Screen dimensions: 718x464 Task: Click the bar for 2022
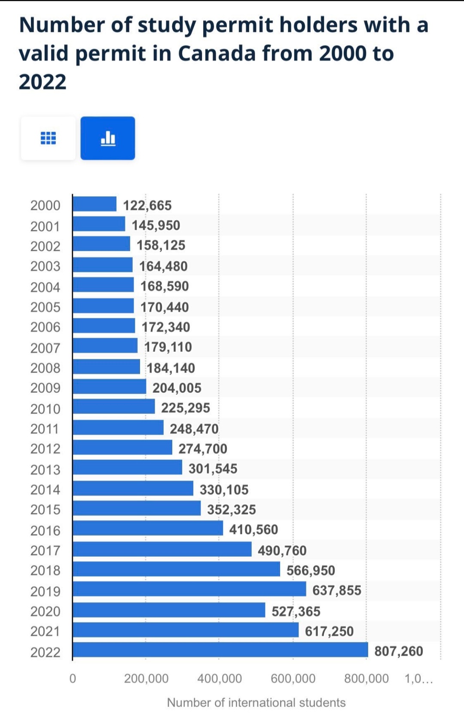pos(220,650)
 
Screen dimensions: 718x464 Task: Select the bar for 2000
pos(95,204)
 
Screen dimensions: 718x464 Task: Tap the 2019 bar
pos(189,589)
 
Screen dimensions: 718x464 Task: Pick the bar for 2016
pos(148,528)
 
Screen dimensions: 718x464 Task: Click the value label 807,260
pos(399,651)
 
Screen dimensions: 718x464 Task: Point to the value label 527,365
pos(296,611)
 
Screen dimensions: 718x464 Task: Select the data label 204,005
pos(177,388)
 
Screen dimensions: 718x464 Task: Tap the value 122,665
pos(147,206)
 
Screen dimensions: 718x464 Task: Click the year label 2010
pos(45,409)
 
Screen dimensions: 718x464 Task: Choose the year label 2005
pos(45,307)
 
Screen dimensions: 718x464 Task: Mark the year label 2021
pos(45,631)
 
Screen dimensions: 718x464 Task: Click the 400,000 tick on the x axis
pos(220,679)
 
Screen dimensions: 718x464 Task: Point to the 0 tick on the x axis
pos(73,679)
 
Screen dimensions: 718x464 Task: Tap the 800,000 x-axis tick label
pos(366,679)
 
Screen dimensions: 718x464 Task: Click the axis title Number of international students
pos(256,703)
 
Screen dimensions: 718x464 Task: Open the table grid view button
pos(48,138)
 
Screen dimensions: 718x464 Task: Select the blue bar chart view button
pos(108,138)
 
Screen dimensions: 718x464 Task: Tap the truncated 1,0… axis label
pos(418,679)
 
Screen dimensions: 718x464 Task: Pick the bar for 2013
pos(127,467)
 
